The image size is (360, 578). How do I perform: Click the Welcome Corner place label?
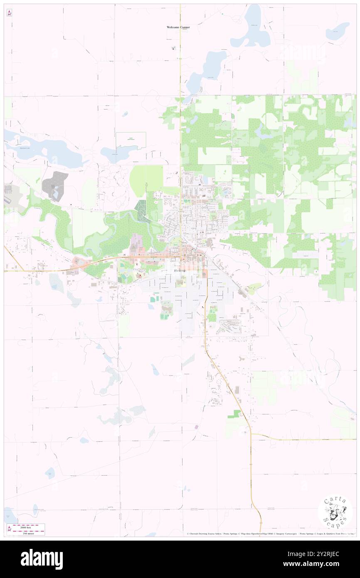click(178, 27)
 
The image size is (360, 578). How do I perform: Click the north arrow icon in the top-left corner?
click(9, 13)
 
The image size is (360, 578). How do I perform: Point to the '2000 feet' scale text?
click(29, 526)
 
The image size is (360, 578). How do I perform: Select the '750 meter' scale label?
click(29, 533)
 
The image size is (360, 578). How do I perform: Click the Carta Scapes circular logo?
click(335, 513)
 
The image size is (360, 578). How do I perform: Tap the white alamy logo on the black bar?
click(42, 559)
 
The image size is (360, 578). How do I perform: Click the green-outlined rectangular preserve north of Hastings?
click(131, 140)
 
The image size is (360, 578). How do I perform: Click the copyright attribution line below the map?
click(270, 534)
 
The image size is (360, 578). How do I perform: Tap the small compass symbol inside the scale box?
click(9, 529)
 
